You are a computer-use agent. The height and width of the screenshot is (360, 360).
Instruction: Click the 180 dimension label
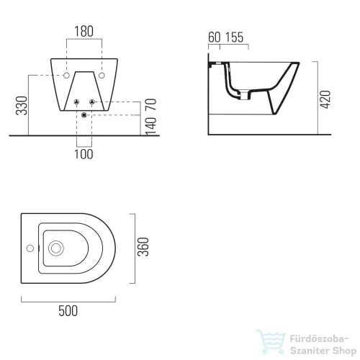84,32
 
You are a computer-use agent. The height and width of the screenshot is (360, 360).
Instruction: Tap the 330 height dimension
22,106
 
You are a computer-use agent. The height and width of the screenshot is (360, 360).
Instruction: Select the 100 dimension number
84,154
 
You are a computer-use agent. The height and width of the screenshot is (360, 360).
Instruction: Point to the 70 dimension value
151,104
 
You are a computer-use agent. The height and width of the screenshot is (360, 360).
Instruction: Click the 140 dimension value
151,126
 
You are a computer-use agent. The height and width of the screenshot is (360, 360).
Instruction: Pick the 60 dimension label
215,37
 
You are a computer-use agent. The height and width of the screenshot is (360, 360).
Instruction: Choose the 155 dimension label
234,37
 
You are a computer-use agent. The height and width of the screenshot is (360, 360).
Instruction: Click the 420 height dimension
325,99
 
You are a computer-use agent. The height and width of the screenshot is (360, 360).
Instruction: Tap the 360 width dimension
143,247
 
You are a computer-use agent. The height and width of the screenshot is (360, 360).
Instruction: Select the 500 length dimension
68,311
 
